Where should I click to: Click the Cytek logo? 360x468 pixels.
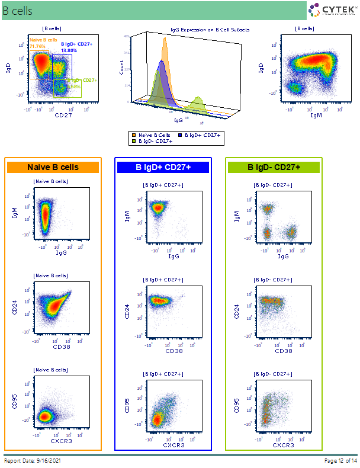pyautogui.click(x=332, y=10)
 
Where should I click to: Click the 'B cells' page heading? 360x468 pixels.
pyautogui.click(x=18, y=11)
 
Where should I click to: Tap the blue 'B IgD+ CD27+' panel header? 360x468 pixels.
pyautogui.click(x=163, y=168)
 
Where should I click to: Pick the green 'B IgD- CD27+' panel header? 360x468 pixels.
pyautogui.click(x=274, y=168)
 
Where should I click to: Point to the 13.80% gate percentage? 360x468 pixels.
pyautogui.click(x=69, y=51)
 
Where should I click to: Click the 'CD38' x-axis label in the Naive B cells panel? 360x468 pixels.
pyautogui.click(x=62, y=347)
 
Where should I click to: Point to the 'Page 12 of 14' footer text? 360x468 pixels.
pyautogui.click(x=340, y=460)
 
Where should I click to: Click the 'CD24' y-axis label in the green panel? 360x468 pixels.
pyautogui.click(x=237, y=312)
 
